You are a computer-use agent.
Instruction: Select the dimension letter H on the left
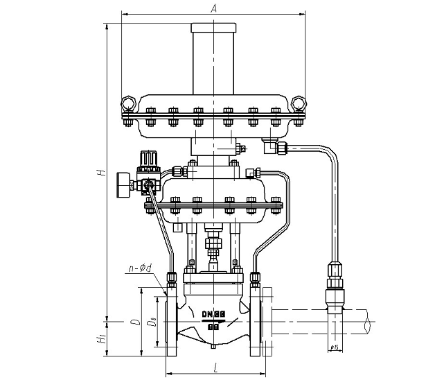click(101, 172)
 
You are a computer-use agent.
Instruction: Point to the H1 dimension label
click(101, 339)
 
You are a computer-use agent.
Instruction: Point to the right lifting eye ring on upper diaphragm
click(299, 103)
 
